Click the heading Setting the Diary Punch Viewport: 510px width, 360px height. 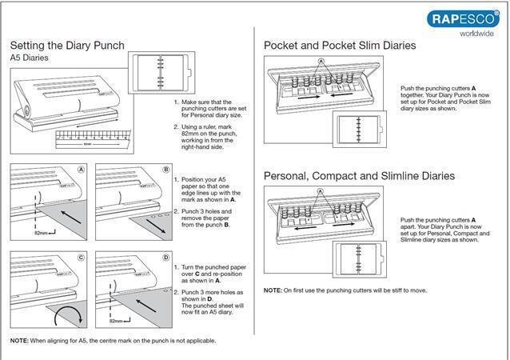68,45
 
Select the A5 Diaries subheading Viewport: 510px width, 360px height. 32,58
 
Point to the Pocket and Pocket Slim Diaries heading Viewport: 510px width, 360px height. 340,46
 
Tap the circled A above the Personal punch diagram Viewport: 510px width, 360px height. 321,192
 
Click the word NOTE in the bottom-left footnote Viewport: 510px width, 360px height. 19,342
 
